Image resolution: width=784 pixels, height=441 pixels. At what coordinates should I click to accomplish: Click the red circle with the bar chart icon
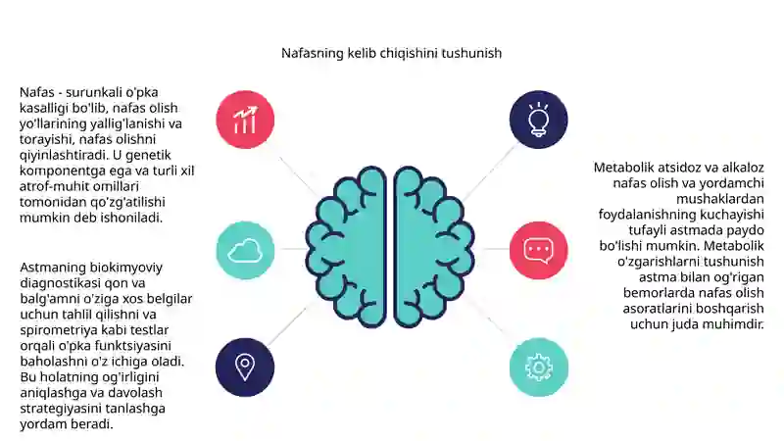[x=245, y=120]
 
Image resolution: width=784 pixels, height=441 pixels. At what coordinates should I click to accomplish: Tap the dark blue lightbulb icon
[x=538, y=120]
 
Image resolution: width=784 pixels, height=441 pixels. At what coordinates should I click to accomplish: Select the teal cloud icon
[x=245, y=250]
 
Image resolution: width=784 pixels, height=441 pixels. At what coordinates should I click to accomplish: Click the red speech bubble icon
[x=538, y=250]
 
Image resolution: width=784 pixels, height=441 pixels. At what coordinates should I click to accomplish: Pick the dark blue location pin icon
[x=245, y=367]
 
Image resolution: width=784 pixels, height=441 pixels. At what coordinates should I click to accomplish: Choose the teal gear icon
[x=538, y=367]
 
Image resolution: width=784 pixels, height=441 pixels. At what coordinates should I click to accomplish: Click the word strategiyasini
[x=59, y=409]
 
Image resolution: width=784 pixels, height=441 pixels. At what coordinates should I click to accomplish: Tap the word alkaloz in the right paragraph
[x=743, y=168]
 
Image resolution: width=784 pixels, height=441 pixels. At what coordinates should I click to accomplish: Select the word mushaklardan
[x=720, y=199]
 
